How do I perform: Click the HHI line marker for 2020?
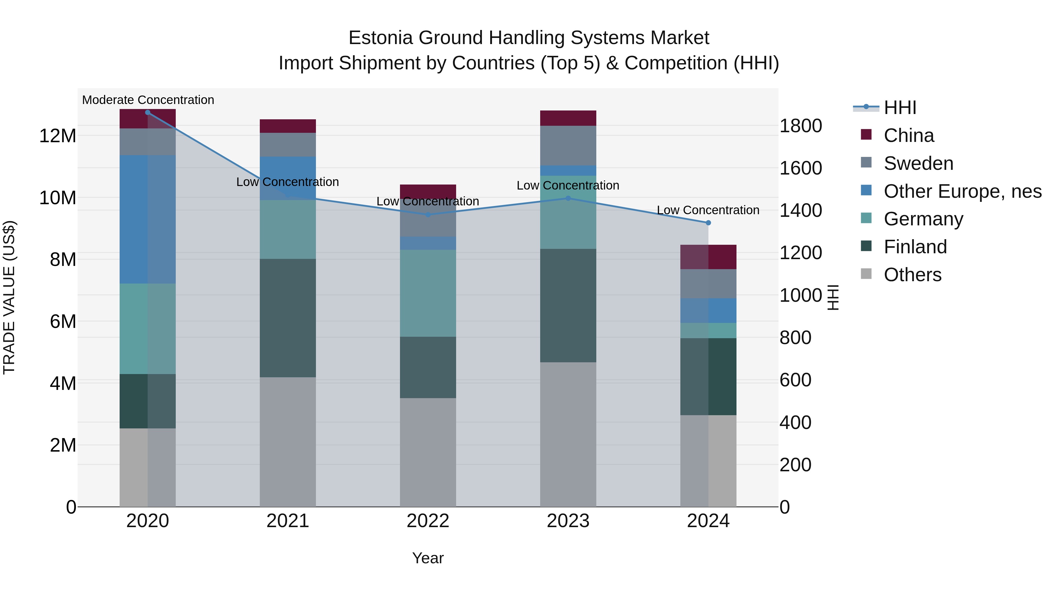click(x=148, y=112)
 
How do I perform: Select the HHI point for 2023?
click(x=568, y=198)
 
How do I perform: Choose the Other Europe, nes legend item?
click(x=962, y=191)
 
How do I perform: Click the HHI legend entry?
click(x=900, y=108)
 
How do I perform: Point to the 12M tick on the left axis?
click(x=58, y=136)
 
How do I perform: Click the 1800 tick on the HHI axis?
click(x=801, y=126)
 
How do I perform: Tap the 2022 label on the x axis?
click(x=428, y=521)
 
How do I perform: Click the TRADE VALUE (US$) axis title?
click(x=9, y=297)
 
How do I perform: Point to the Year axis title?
click(x=428, y=558)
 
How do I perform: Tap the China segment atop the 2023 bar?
click(x=568, y=118)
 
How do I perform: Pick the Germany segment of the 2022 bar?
click(x=428, y=293)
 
